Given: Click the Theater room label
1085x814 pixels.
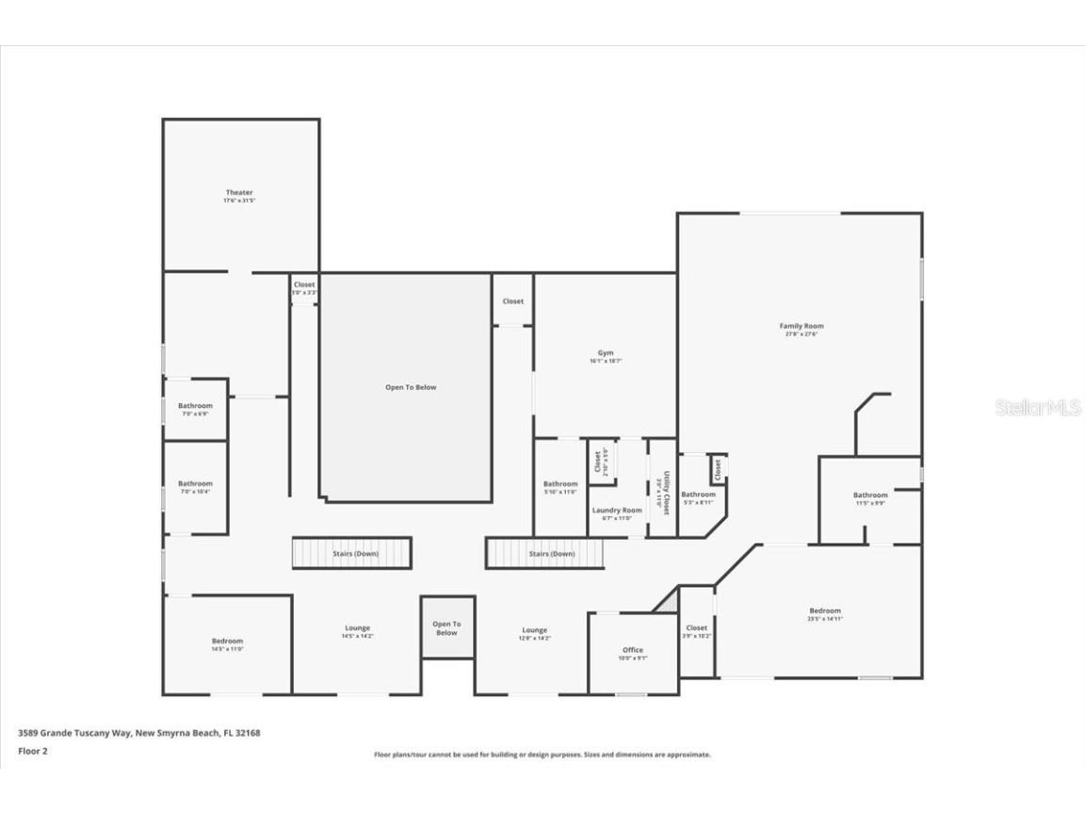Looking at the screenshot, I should [x=239, y=193].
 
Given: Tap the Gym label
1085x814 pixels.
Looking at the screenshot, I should [x=606, y=353].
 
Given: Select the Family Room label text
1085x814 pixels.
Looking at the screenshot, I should [x=802, y=326].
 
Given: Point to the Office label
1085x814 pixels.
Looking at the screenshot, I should [x=633, y=650].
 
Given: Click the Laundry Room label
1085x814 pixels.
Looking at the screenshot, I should [x=617, y=511].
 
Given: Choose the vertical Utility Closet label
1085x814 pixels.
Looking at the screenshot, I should [x=664, y=491].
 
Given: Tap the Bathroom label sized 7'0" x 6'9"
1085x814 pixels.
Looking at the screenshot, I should [x=196, y=406].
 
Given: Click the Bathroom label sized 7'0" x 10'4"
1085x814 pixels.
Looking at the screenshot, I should [x=196, y=484].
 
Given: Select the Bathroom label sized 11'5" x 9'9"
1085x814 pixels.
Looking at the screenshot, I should [x=870, y=496].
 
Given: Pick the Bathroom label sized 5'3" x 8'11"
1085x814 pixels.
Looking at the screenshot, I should [x=699, y=495].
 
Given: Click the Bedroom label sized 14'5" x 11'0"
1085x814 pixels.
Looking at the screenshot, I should [x=227, y=642].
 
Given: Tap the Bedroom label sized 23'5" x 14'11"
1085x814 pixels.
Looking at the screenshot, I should [x=824, y=610].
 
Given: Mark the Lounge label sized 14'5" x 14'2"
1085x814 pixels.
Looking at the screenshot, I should [x=357, y=628].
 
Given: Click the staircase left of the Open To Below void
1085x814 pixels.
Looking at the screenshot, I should [x=351, y=553].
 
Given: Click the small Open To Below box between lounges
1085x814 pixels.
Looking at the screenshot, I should [x=446, y=627].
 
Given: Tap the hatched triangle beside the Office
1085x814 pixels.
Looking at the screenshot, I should [x=668, y=600].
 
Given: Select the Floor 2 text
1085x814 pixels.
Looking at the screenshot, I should [x=33, y=751].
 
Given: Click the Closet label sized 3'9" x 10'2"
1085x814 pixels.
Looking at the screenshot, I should [x=697, y=628].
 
